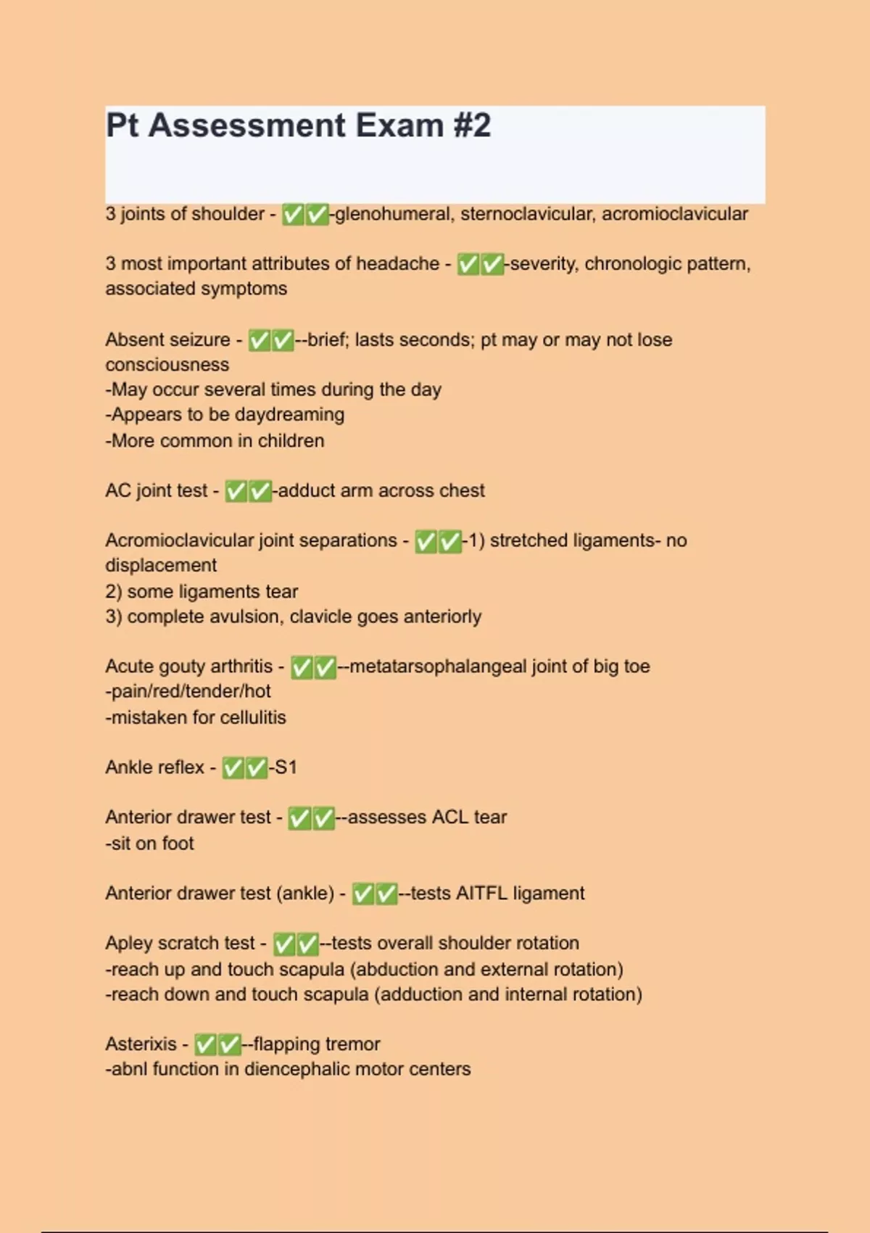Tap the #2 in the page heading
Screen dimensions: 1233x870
(x=472, y=125)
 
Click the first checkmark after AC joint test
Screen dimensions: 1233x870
(x=236, y=492)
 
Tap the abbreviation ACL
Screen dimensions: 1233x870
(x=449, y=817)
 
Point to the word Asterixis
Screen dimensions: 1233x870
(x=141, y=1044)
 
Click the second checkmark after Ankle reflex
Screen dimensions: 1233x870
(x=256, y=768)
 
